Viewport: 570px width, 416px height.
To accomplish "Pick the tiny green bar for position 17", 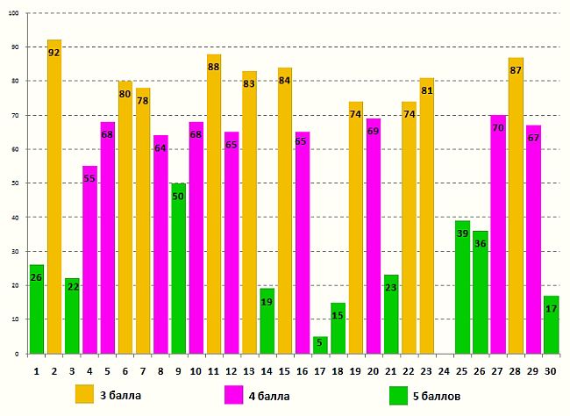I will click(320, 345).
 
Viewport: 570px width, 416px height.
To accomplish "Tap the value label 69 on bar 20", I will click(373, 132).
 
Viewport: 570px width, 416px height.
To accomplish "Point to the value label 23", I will click(391, 288).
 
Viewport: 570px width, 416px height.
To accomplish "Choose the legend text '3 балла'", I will click(121, 396).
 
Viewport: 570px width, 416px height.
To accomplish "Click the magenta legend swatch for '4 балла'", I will click(234, 395).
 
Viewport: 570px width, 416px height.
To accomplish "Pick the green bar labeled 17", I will click(551, 325).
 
